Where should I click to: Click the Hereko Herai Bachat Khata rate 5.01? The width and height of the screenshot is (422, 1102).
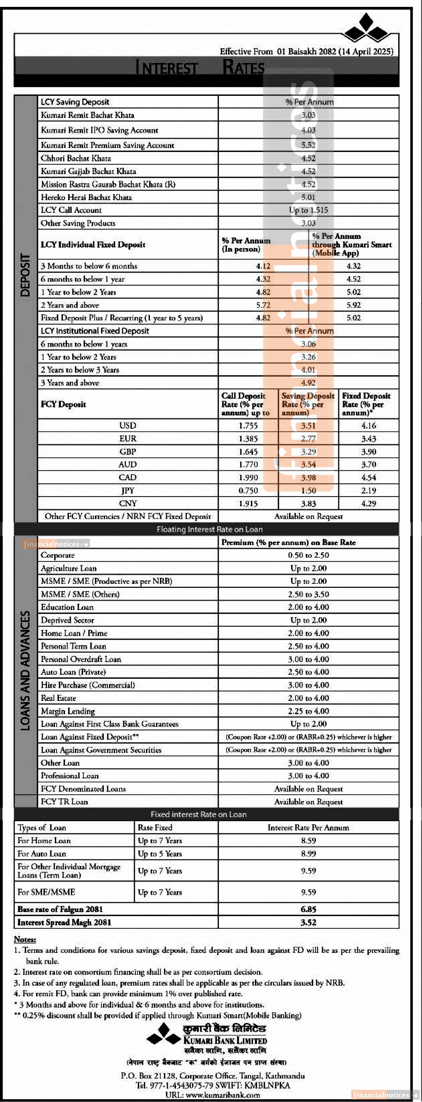(308, 197)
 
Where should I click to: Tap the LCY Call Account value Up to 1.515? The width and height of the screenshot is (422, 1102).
(308, 210)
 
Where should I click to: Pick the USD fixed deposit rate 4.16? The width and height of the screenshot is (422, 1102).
(369, 426)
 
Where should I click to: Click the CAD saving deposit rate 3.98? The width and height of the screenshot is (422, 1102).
(308, 477)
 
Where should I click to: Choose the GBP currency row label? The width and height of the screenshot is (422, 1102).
(128, 452)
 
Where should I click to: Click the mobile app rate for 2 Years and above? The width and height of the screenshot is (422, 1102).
(354, 305)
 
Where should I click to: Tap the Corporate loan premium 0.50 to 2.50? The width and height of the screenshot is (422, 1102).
(308, 555)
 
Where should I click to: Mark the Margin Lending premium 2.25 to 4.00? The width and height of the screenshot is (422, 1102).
(308, 711)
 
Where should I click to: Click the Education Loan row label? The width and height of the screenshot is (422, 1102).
(67, 607)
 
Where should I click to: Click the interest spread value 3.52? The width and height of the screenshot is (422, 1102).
(308, 922)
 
